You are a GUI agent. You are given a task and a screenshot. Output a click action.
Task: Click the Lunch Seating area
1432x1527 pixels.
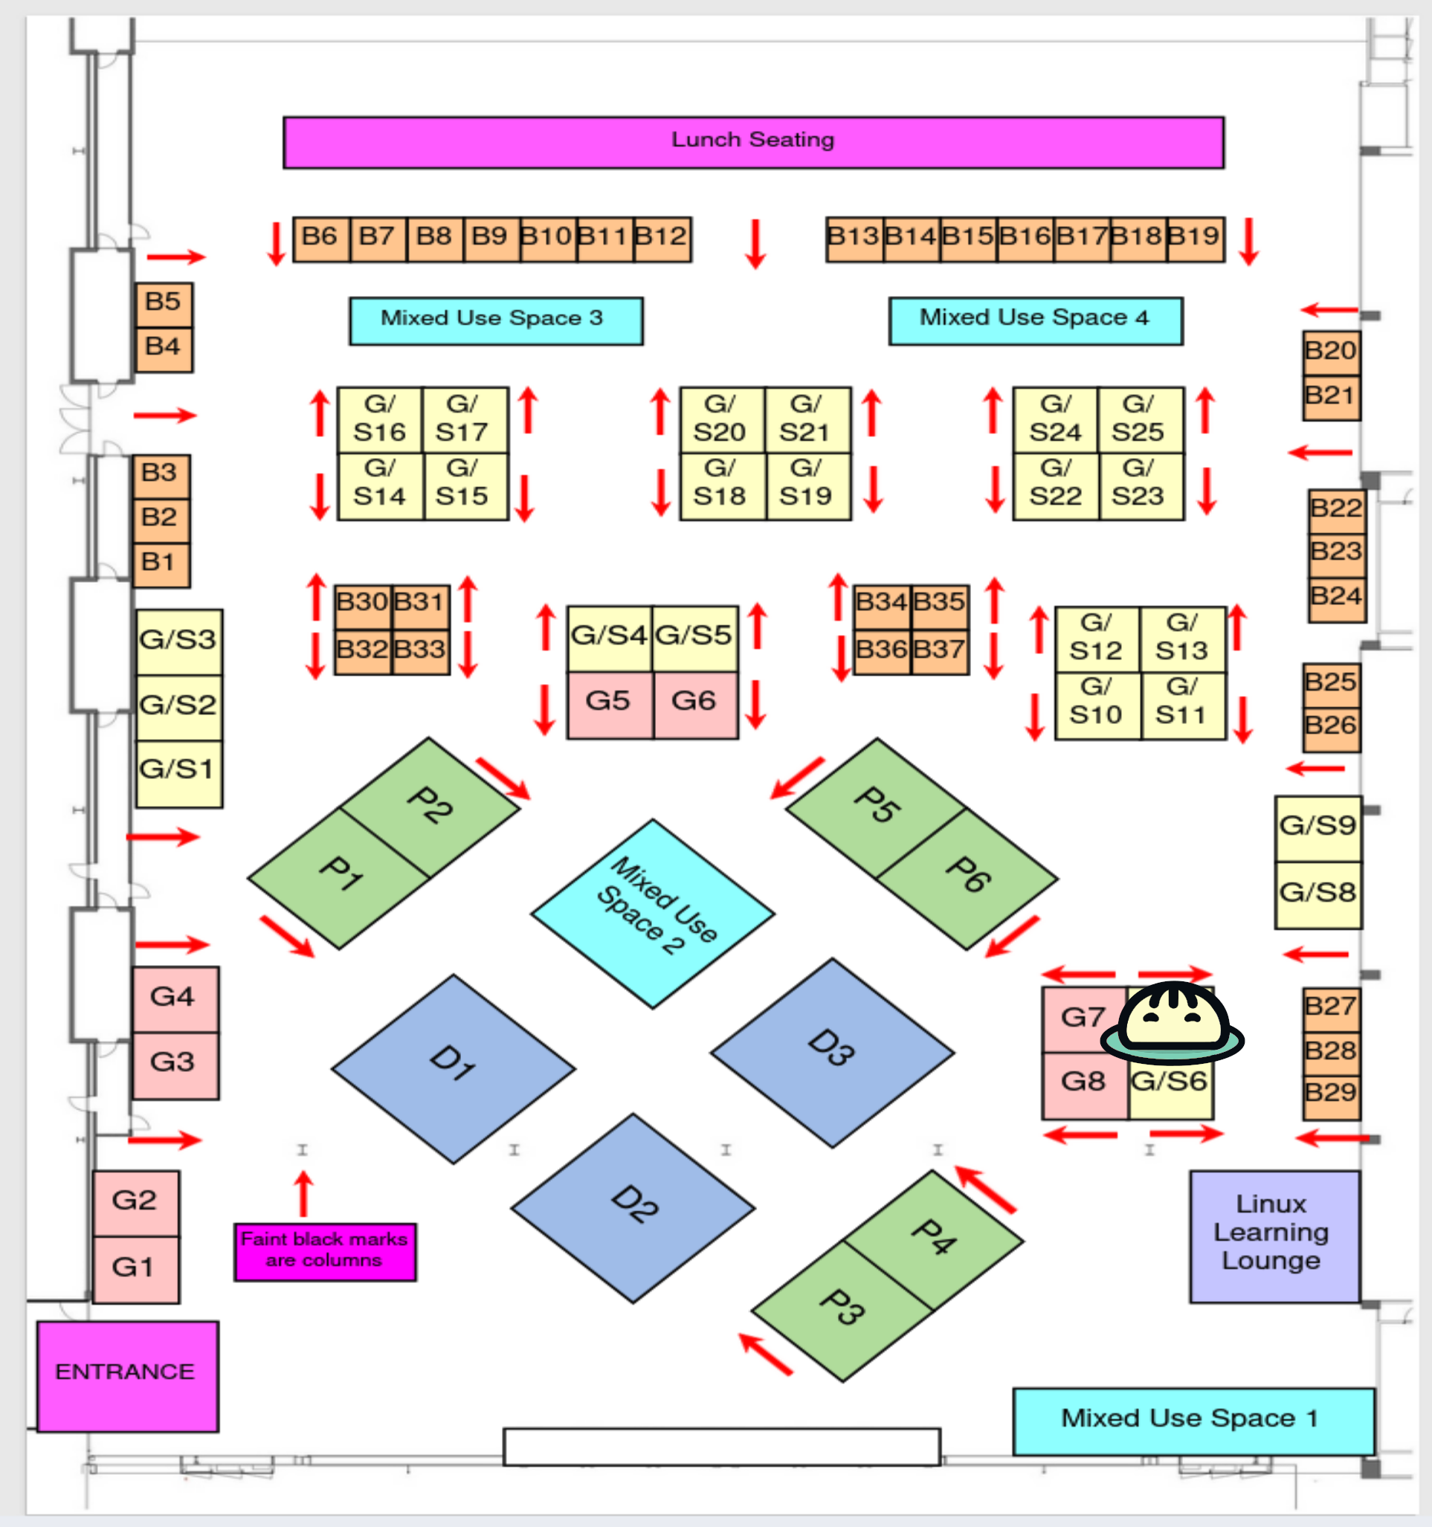(x=753, y=142)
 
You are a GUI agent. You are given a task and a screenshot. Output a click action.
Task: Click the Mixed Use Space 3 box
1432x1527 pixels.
(x=495, y=320)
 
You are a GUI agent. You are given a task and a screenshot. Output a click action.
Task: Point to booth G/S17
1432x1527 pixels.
(x=464, y=419)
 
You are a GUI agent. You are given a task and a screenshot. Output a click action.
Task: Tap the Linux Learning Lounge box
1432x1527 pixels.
(x=1274, y=1236)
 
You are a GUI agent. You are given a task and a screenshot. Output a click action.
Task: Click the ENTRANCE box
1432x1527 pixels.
(x=126, y=1375)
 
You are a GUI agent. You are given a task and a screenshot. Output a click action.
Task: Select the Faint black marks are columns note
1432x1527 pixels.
(x=325, y=1251)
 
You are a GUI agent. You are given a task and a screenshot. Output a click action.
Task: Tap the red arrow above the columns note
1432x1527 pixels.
(x=304, y=1193)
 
